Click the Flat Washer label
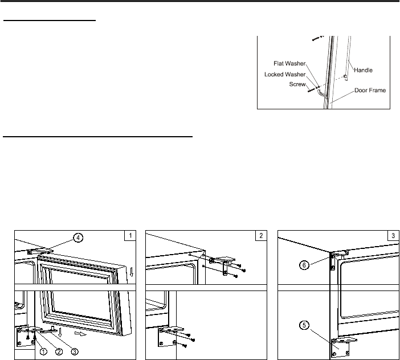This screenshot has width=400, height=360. coord(289,63)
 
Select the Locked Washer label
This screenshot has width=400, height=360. coord(285,74)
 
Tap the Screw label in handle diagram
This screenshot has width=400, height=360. coord(297,84)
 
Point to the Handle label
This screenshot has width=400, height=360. coord(363,70)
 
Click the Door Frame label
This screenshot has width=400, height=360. coord(370,90)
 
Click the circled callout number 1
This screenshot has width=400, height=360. coord(43,352)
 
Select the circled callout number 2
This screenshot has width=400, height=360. coord(59,352)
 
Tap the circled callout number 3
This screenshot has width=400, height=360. coord(74,352)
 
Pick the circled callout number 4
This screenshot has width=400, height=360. coord(78,238)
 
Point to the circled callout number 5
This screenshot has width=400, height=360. coord(304,325)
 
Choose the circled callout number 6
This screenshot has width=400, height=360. coord(304,265)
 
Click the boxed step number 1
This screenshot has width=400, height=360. coord(130,236)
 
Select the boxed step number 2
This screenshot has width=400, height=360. coord(261,236)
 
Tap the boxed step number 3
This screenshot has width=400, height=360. coord(393,236)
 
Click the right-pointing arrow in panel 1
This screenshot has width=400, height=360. coord(80,334)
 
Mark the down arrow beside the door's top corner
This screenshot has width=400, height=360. coord(132,272)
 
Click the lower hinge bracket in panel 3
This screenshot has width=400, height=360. coord(341,347)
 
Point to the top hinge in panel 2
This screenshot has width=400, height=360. coord(222,265)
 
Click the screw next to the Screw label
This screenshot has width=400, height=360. coord(311,90)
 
